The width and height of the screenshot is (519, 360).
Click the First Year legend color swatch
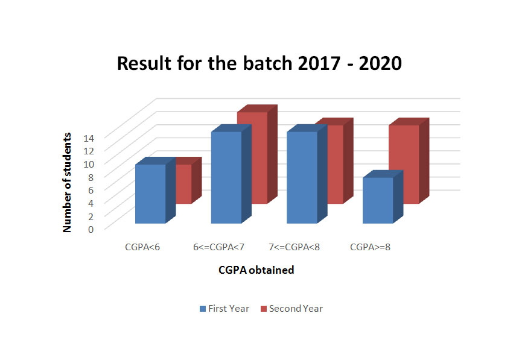click(x=203, y=309)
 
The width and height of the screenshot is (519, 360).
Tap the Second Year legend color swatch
click(x=264, y=309)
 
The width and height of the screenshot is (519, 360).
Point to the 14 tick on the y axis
click(x=89, y=138)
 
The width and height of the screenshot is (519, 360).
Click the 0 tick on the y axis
click(x=91, y=229)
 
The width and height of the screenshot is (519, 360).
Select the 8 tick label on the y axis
click(x=91, y=177)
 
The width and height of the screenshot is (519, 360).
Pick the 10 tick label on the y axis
click(x=89, y=164)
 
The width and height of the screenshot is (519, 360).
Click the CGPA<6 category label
click(x=142, y=247)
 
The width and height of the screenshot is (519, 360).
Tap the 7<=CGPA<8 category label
click(x=295, y=247)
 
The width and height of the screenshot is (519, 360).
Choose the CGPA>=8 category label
click(x=370, y=247)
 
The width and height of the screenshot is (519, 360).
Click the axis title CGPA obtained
click(x=256, y=270)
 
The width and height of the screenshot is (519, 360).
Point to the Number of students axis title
click(x=67, y=182)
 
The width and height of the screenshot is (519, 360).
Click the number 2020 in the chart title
click(x=380, y=63)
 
